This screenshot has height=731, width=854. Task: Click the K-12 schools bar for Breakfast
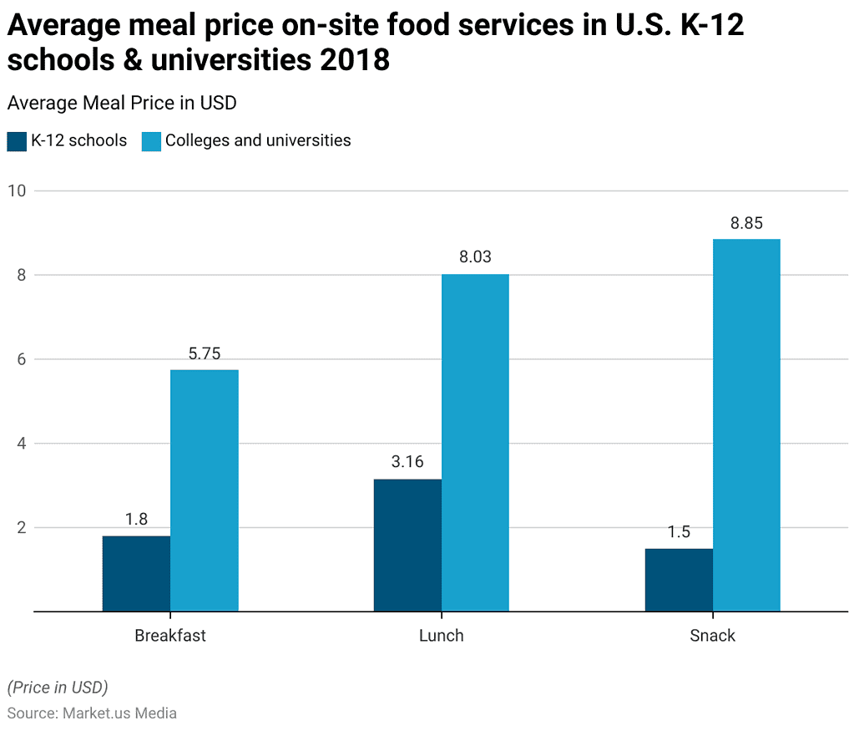tap(136, 574)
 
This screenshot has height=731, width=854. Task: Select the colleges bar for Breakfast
tap(205, 490)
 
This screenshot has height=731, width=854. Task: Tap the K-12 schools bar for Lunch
tap(407, 545)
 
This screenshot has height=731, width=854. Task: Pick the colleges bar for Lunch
tap(475, 443)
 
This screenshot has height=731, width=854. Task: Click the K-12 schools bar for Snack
tap(679, 580)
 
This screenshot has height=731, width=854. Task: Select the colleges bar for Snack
tap(746, 425)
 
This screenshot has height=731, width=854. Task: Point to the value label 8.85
tap(746, 223)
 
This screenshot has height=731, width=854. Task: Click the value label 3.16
tap(407, 462)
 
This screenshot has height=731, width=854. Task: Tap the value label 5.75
tap(205, 353)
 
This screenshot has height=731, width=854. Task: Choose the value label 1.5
tap(679, 532)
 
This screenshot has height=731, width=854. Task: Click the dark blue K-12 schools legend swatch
tap(17, 141)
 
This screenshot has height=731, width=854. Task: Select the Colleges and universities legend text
tap(258, 140)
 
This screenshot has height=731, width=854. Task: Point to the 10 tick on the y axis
tap(16, 190)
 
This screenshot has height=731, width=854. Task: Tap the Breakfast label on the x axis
tap(170, 636)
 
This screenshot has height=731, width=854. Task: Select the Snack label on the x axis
tap(712, 636)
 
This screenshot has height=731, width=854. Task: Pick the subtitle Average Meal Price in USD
tap(122, 103)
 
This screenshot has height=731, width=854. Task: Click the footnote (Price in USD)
tap(58, 688)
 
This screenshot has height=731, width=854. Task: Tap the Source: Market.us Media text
tap(92, 713)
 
